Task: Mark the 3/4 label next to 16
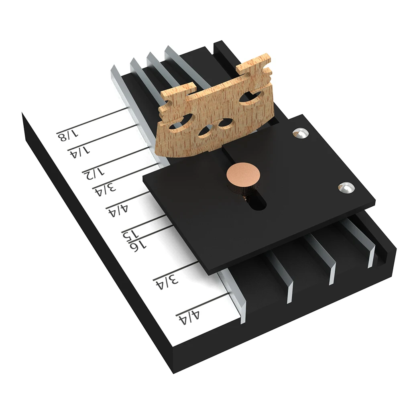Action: pyautogui.click(x=167, y=283)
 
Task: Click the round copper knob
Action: pyautogui.click(x=243, y=174)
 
